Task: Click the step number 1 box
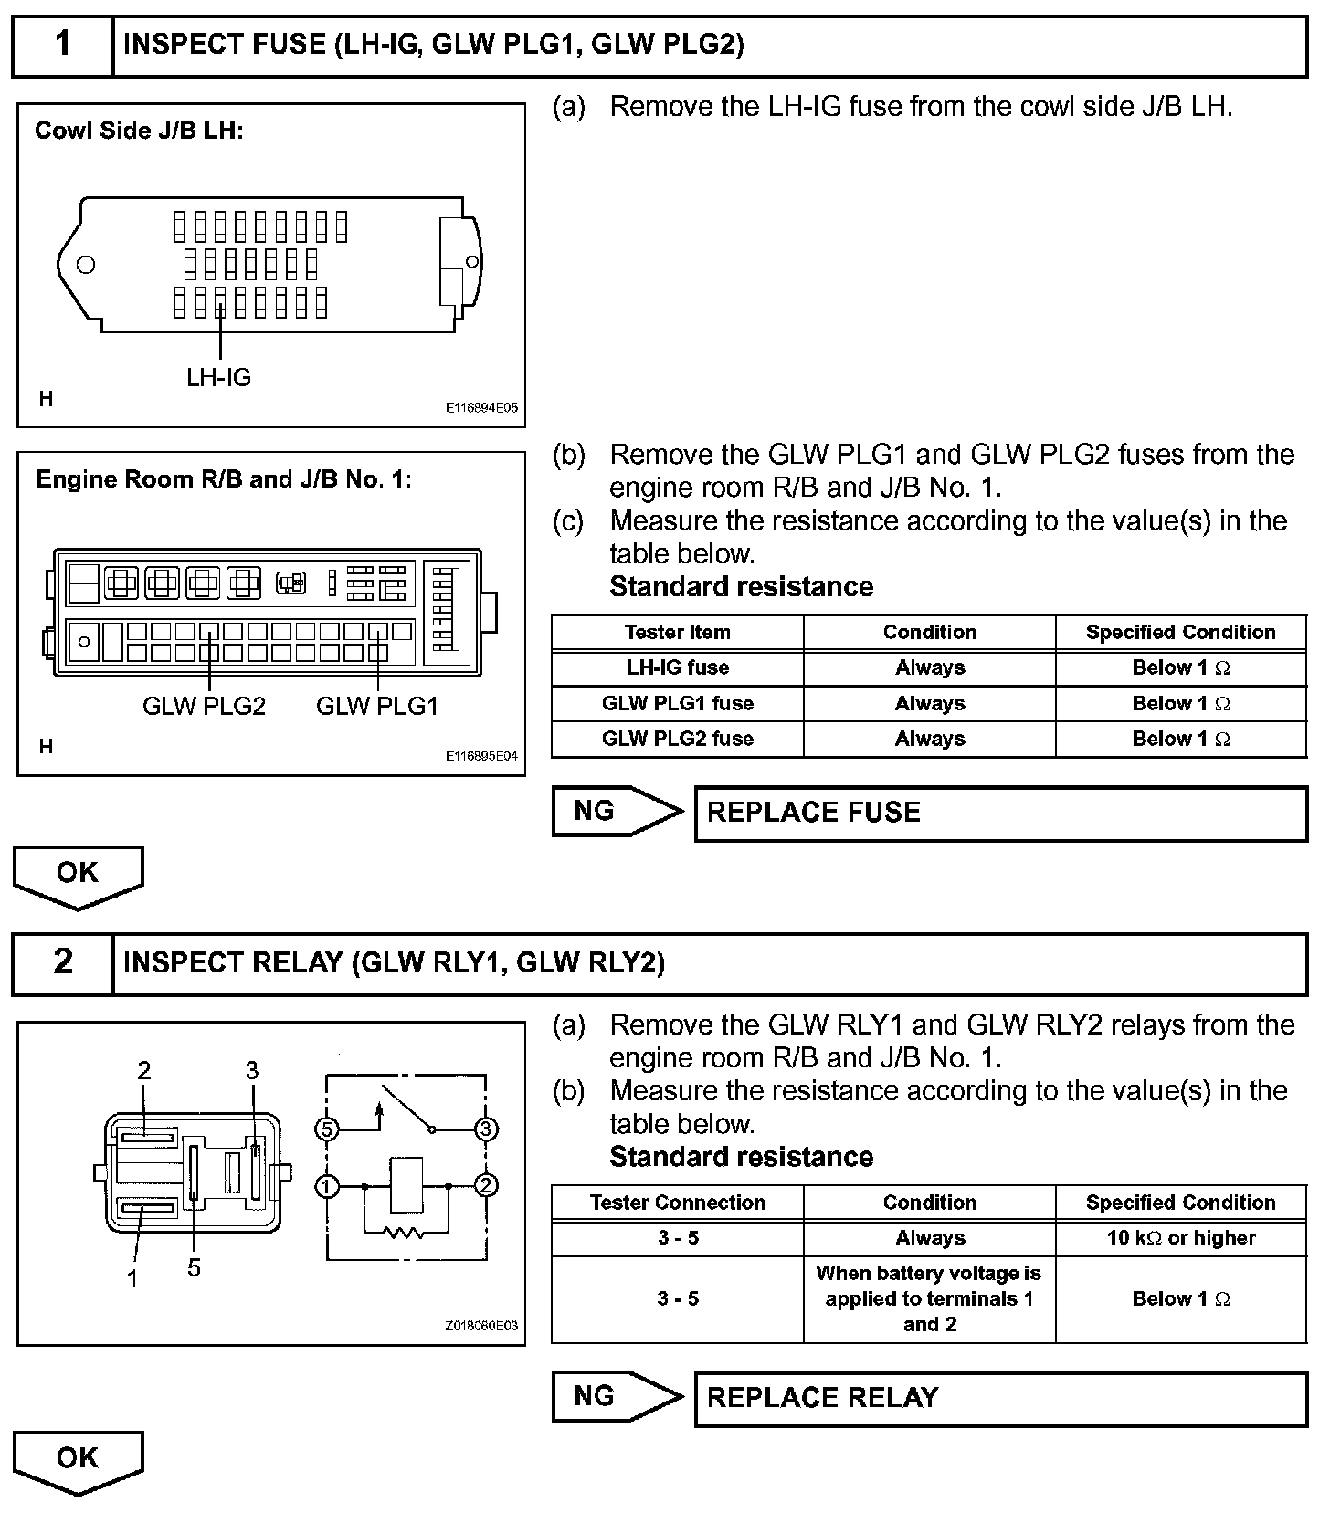tap(62, 45)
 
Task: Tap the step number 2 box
tap(62, 962)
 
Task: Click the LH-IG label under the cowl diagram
tap(218, 377)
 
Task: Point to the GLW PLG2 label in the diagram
tap(204, 706)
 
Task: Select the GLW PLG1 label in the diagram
tap(377, 706)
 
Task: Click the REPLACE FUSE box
tap(1000, 813)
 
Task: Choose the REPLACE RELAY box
tap(1000, 1398)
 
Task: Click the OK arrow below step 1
tap(78, 876)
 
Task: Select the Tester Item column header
tap(677, 632)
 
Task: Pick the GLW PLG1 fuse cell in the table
tap(677, 703)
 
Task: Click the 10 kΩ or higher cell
tap(1180, 1238)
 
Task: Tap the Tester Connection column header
tap(677, 1203)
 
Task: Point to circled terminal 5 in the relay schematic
tap(326, 1129)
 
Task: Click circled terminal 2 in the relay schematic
tap(486, 1186)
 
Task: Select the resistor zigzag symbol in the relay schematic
tap(403, 1233)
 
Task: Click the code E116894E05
tap(481, 407)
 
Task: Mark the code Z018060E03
tap(481, 1325)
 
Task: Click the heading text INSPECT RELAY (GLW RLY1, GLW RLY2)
tap(394, 962)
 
